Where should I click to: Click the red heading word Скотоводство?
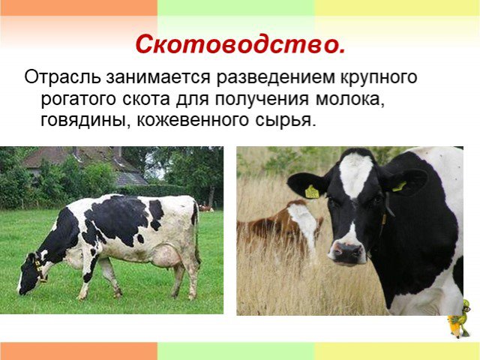pos(240,44)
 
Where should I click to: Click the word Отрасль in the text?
pos(62,77)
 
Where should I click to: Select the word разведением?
pos(275,78)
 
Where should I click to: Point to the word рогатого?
pos(79,100)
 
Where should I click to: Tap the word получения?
pos(262,100)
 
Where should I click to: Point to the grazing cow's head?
pos(30,273)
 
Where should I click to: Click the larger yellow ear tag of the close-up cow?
pos(312,192)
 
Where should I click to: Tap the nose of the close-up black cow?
pos(347,251)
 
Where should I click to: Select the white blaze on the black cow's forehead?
pos(355,175)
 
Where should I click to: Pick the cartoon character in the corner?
pos(460,319)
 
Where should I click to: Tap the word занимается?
pos(158,78)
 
